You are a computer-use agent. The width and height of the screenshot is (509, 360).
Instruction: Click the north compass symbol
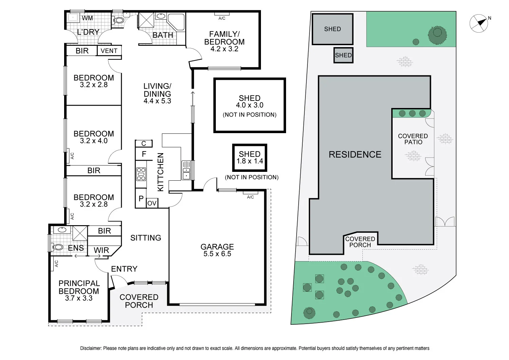click(479, 23)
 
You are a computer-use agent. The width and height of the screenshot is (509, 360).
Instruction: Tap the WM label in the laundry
click(87, 18)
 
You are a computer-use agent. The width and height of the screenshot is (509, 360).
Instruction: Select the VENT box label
click(109, 51)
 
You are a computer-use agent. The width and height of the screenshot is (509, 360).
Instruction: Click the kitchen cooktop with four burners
click(141, 174)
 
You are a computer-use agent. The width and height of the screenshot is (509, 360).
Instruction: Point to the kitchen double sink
click(186, 170)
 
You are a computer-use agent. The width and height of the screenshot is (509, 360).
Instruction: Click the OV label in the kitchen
click(152, 203)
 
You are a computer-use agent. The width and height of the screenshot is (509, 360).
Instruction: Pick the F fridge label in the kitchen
click(144, 154)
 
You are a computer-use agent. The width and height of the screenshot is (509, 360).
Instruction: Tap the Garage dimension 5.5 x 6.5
click(217, 254)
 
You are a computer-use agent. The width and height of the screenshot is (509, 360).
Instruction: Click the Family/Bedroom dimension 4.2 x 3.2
click(224, 49)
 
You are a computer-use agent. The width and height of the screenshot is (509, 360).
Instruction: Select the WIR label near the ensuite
click(101, 250)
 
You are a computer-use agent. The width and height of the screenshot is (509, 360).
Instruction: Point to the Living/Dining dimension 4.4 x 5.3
click(157, 101)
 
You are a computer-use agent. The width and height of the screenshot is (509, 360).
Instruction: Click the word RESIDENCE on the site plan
click(355, 155)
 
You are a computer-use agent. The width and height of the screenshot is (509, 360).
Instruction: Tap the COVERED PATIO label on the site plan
click(413, 139)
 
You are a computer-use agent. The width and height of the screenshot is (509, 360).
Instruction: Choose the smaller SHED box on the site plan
click(343, 55)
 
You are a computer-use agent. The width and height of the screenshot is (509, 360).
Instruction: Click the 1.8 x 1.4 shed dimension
click(250, 161)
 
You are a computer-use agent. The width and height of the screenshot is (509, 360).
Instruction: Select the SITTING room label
click(146, 238)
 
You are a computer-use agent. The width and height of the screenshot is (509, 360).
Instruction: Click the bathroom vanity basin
click(161, 16)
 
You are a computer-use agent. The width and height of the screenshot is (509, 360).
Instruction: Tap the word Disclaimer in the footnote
click(91, 348)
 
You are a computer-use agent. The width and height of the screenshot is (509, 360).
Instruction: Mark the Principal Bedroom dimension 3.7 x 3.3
click(79, 298)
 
